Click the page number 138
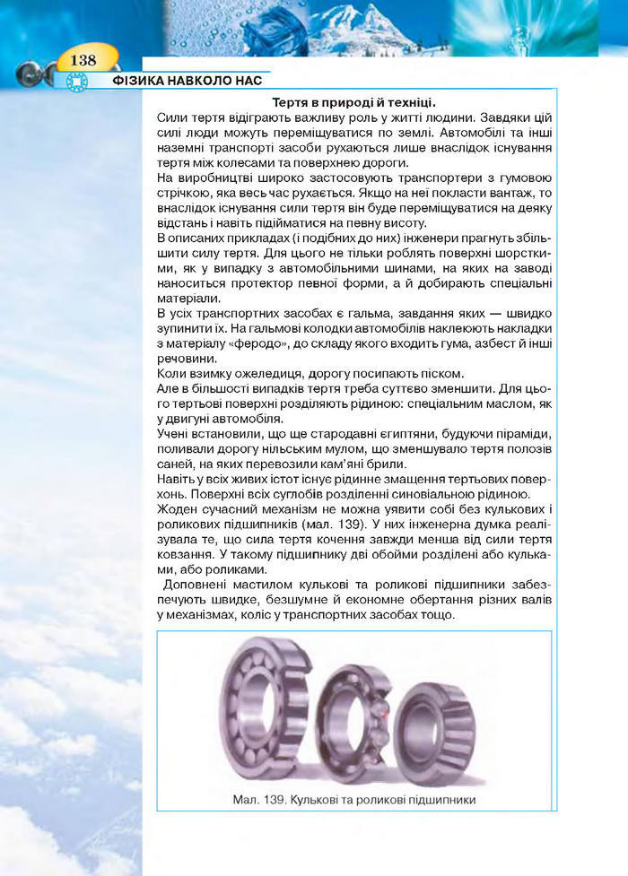click(82, 60)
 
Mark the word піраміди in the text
click(525, 434)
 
